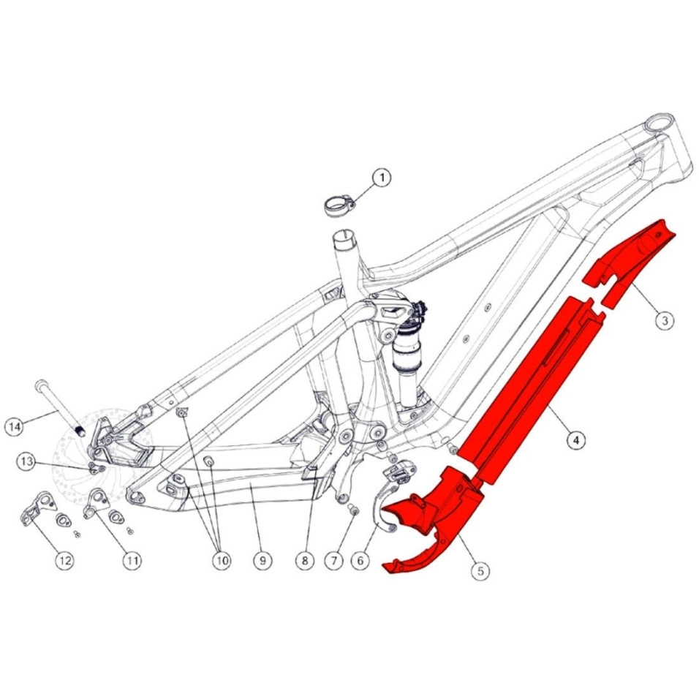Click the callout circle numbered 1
382,178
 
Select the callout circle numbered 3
665,320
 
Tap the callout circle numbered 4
576,440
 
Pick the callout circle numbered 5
480,570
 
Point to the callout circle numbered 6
360,560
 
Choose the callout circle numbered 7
334,560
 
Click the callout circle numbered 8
305,560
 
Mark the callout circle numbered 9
262,560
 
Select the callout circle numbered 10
222,560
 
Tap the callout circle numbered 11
132,560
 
